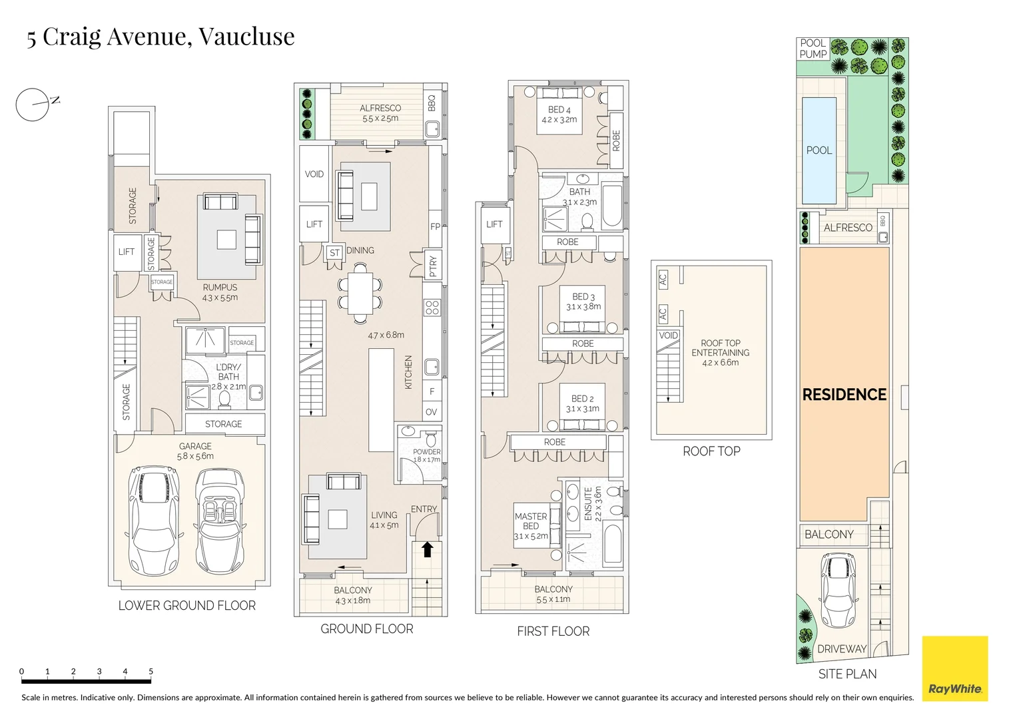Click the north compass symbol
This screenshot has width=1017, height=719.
click(33, 105)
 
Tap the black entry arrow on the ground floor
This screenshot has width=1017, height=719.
click(427, 549)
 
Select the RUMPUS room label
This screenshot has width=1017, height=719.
click(220, 288)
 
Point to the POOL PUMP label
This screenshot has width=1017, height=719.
click(813, 49)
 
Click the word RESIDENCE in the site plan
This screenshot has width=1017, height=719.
click(844, 395)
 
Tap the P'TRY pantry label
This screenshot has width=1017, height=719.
click(433, 266)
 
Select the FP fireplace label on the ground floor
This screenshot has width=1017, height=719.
click(435, 226)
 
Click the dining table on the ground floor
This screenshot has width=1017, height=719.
click(360, 294)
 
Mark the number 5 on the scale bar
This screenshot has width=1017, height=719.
click(151, 671)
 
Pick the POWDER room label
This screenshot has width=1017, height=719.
click(426, 451)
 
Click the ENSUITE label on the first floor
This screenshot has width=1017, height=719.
click(588, 504)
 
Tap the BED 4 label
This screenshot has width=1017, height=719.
click(559, 110)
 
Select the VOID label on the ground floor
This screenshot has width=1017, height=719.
click(314, 174)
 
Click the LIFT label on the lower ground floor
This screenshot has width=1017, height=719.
click(126, 252)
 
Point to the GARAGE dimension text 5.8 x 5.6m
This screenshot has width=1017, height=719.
click(195, 457)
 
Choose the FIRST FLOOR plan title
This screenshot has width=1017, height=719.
click(553, 631)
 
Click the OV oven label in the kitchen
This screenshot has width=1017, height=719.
click(432, 412)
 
